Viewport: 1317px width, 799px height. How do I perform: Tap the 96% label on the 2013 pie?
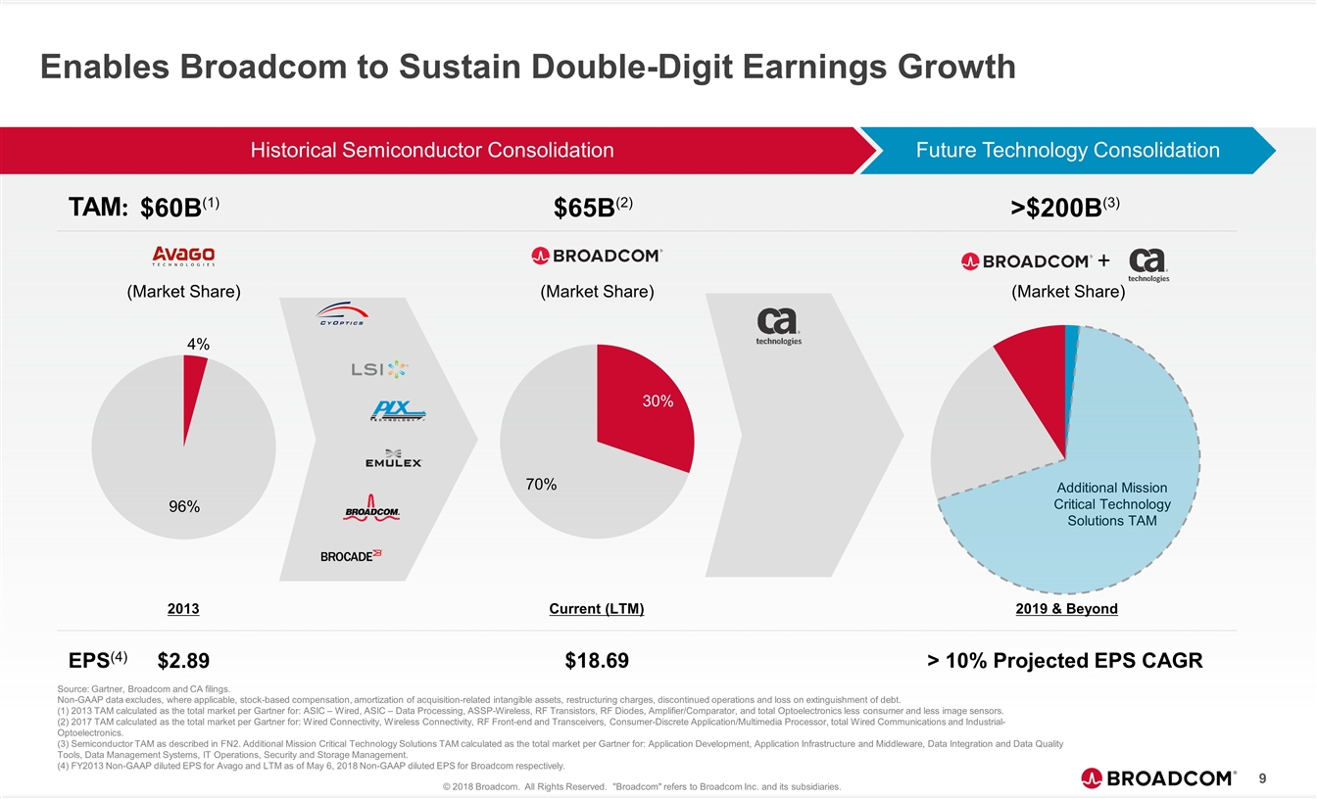(x=183, y=506)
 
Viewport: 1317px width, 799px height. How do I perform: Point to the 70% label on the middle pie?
(x=539, y=484)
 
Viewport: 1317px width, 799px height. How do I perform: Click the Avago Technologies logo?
(x=183, y=256)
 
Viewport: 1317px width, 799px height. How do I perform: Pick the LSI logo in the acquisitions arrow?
(x=378, y=369)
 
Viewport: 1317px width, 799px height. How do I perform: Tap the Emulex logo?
(x=393, y=458)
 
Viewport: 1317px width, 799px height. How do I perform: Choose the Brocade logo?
(x=351, y=555)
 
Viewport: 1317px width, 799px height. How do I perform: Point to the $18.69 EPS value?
(x=597, y=661)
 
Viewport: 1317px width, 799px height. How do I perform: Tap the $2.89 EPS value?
(x=183, y=661)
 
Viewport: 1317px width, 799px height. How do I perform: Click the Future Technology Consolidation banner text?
(x=1067, y=150)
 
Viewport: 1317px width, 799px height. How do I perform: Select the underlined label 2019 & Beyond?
(x=1064, y=609)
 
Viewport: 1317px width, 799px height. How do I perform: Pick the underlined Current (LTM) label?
(x=597, y=609)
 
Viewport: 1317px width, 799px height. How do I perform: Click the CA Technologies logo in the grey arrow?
(x=779, y=326)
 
